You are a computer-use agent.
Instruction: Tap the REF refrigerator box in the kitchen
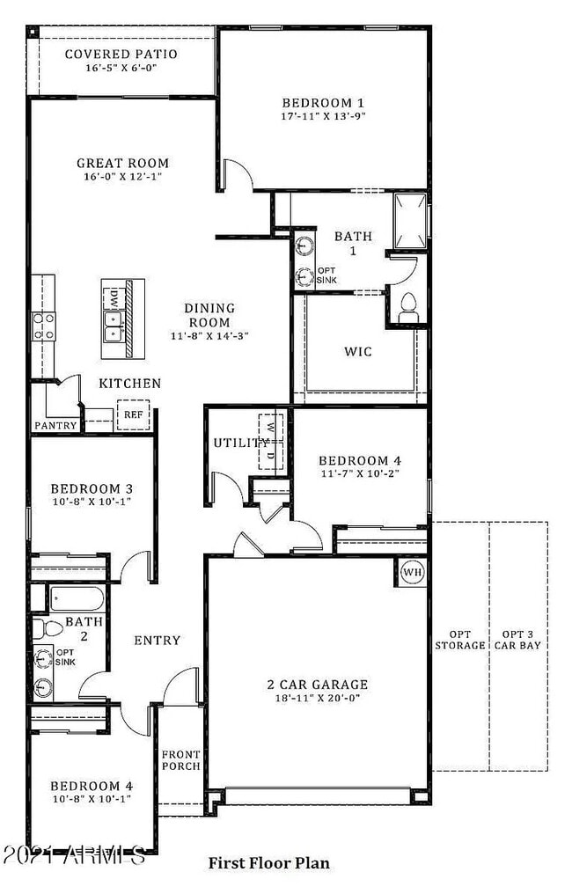(133, 414)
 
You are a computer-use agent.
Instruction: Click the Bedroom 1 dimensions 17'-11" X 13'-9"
(322, 114)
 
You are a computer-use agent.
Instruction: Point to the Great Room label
(122, 163)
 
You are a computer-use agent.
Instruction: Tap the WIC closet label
(357, 352)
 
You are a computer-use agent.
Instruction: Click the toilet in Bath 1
(407, 304)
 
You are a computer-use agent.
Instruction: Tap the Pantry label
(56, 425)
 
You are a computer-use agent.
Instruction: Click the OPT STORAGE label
(459, 640)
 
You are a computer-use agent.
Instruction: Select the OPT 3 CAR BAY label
(518, 640)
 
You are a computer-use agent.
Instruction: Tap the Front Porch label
(180, 760)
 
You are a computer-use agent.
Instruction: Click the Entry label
(157, 641)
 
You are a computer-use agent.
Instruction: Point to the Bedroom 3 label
(92, 489)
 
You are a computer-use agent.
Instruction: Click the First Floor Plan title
(268, 863)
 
